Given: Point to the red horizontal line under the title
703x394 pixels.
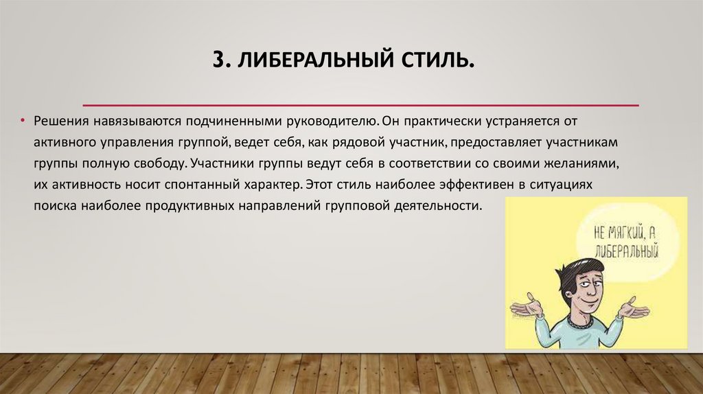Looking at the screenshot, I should pyautogui.click(x=360, y=105).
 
